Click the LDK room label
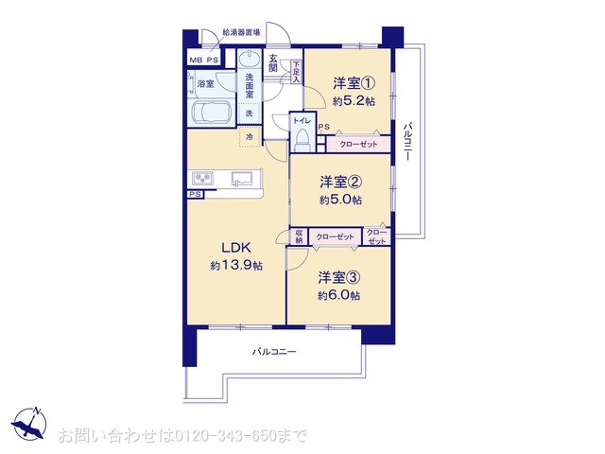(x=234, y=248)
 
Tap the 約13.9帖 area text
(x=234, y=266)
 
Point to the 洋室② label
(x=337, y=182)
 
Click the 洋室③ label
(x=337, y=277)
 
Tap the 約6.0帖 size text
(x=338, y=294)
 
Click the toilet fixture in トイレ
(x=302, y=139)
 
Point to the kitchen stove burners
(x=205, y=178)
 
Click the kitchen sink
(x=241, y=178)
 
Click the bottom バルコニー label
(x=274, y=351)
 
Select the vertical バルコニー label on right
(x=407, y=143)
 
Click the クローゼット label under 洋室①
(x=358, y=144)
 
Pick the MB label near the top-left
(x=197, y=61)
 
